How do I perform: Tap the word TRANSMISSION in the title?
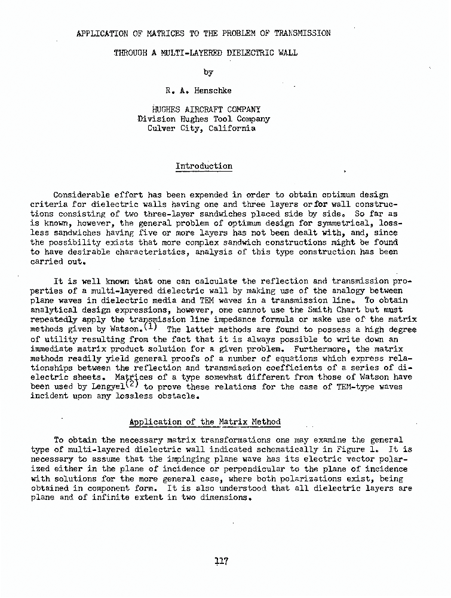click(x=300, y=33)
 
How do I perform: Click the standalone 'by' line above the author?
click(x=208, y=72)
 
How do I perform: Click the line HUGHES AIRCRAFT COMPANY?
click(x=206, y=109)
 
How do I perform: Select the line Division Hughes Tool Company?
click(x=204, y=119)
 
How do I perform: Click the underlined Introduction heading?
click(x=204, y=166)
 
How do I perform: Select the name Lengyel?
click(x=97, y=387)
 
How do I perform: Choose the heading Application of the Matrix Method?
click(x=205, y=422)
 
